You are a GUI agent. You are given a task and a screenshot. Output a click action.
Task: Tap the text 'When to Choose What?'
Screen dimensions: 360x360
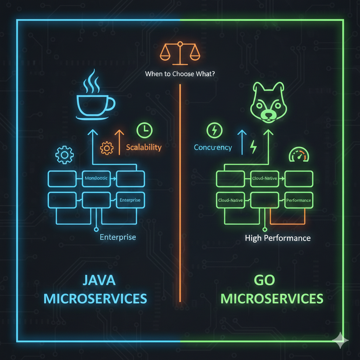click(x=180, y=75)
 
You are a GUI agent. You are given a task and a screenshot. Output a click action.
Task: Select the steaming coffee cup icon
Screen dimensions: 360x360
click(x=95, y=98)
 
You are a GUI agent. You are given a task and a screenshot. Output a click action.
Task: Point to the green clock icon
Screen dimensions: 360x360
click(x=144, y=130)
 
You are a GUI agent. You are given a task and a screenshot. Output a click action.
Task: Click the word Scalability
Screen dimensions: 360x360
click(x=144, y=147)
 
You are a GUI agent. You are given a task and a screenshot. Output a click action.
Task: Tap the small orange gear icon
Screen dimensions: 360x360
click(x=107, y=148)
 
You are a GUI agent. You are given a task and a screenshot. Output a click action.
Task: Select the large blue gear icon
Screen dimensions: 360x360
click(x=64, y=154)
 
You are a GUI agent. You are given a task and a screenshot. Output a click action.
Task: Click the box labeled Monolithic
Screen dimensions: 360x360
click(x=96, y=178)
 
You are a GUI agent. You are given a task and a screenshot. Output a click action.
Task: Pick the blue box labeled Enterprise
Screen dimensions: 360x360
click(x=130, y=200)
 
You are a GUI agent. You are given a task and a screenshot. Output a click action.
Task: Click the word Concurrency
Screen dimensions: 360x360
click(x=213, y=147)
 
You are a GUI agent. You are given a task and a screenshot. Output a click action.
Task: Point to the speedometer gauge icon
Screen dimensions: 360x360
click(x=298, y=155)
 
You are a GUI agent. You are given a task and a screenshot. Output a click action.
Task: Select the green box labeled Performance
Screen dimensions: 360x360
click(x=298, y=200)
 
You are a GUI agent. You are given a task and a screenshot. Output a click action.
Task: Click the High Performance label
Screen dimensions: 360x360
click(x=277, y=238)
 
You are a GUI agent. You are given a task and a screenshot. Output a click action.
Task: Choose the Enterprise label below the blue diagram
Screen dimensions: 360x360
click(x=118, y=237)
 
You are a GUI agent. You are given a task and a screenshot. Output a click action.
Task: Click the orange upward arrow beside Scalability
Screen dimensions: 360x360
click(x=119, y=142)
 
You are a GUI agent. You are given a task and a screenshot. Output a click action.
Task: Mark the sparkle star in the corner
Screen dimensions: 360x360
click(x=340, y=340)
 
